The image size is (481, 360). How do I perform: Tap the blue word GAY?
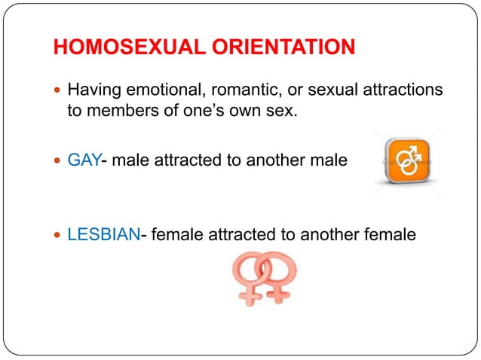84,160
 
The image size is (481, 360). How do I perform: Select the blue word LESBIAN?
104,235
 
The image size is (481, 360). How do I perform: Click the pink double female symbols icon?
264,276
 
